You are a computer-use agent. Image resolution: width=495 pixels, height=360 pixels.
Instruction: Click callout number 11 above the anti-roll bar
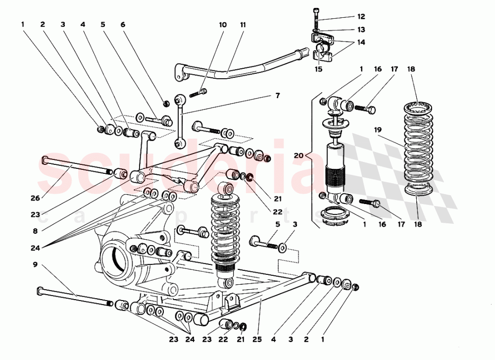click(x=243, y=25)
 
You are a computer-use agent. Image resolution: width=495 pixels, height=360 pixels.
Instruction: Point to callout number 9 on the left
click(x=35, y=264)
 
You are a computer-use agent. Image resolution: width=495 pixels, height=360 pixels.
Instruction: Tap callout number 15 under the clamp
click(x=318, y=69)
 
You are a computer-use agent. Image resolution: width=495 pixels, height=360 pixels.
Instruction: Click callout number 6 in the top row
click(x=122, y=24)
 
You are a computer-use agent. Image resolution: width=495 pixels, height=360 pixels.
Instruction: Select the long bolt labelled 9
click(x=74, y=296)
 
